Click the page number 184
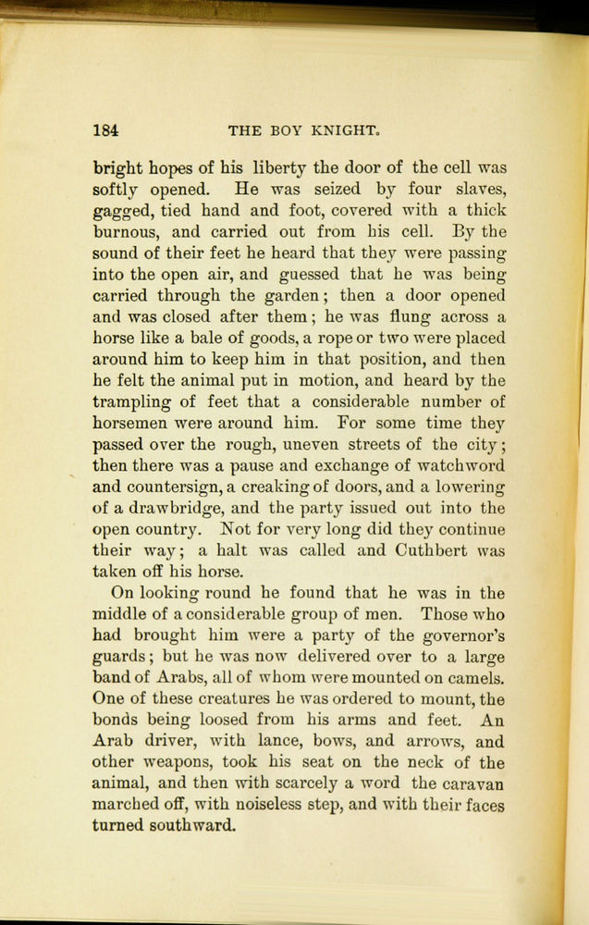tap(105, 129)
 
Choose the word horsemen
tap(134, 424)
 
